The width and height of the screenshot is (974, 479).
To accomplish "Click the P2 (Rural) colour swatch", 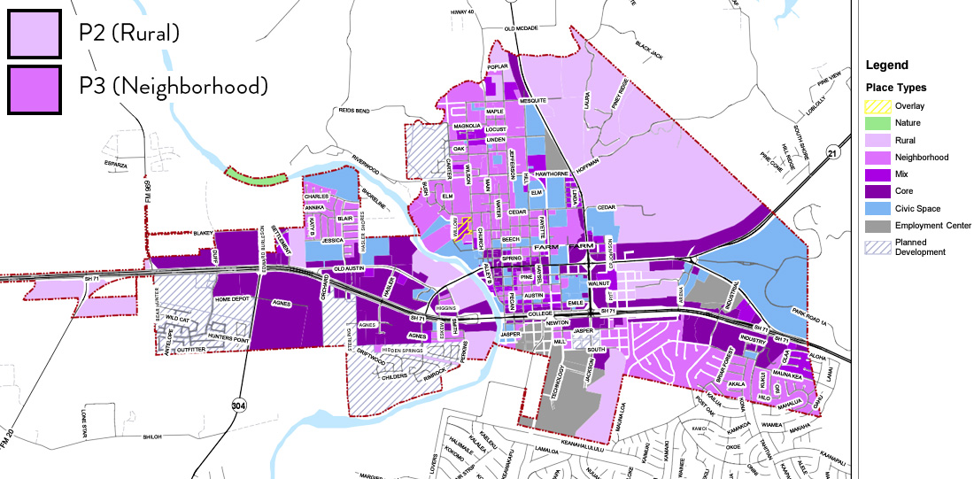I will click(34, 34).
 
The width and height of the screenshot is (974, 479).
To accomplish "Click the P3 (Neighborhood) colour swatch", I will click(34, 88).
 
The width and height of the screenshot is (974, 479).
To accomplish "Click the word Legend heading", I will click(886, 66).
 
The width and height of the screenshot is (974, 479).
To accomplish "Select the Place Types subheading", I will click(896, 88).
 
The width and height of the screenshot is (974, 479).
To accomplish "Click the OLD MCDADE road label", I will click(522, 28).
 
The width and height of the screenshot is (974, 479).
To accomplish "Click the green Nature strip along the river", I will click(256, 175).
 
